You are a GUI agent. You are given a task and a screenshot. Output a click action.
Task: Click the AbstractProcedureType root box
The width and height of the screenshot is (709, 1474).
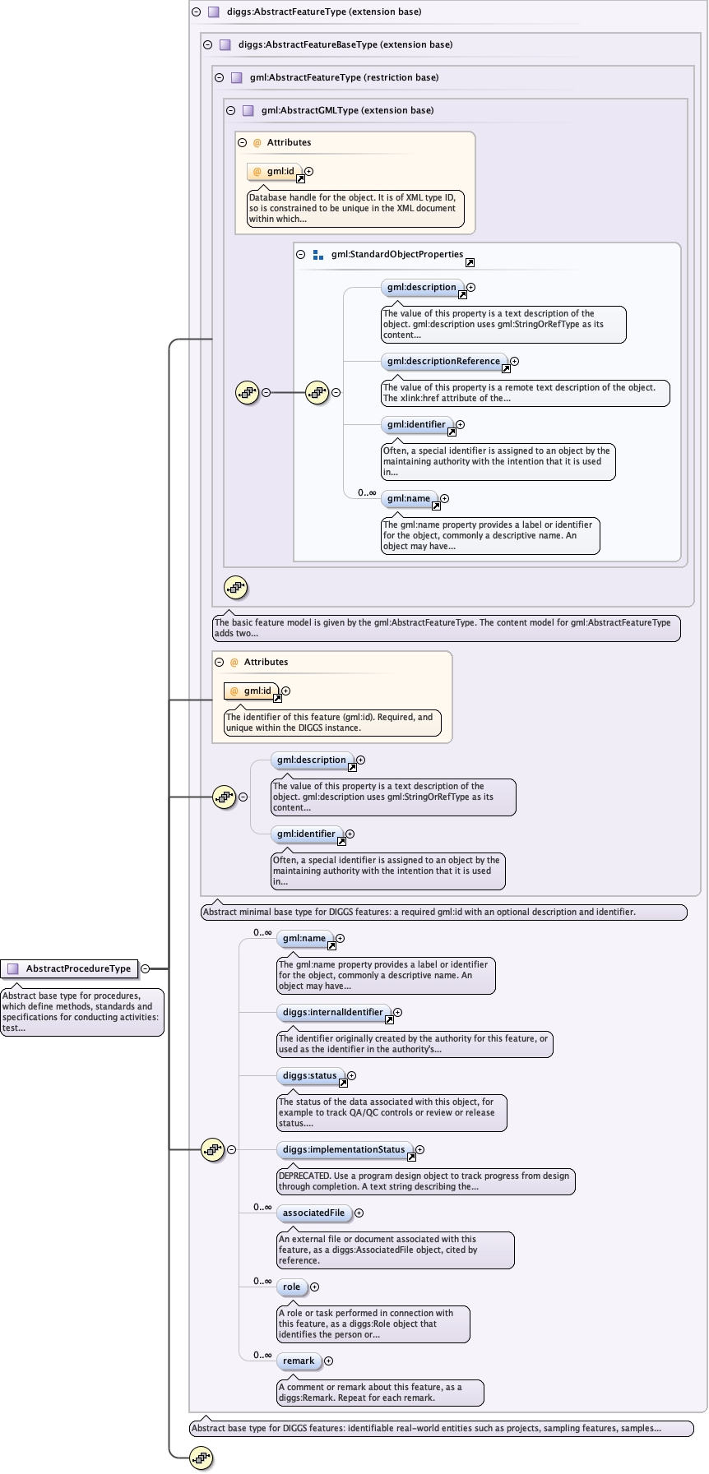pos(69,968)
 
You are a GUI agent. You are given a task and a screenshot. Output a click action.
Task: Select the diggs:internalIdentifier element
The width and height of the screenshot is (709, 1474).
pos(332,1012)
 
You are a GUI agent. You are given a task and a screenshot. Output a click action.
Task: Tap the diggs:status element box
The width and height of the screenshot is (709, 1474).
pos(309,1075)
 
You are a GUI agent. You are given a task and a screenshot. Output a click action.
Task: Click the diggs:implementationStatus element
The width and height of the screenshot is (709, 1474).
pos(344,1149)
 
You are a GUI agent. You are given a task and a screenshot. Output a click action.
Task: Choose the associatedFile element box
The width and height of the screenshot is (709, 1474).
pos(313,1213)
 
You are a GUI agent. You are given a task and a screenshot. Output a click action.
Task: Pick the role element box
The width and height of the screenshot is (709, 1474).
pos(291,1287)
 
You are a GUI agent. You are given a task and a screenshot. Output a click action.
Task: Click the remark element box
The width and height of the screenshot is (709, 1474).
pos(299,1361)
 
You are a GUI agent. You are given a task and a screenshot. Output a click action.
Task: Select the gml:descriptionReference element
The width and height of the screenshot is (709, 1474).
pos(443,361)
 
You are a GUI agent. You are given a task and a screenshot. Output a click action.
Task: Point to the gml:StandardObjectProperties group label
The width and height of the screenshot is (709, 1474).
pos(397,255)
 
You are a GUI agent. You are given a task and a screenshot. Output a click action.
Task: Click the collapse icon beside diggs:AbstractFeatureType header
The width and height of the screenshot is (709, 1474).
pos(196,12)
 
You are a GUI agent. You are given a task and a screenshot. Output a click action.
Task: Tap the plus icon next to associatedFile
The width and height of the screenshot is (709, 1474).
pos(359,1213)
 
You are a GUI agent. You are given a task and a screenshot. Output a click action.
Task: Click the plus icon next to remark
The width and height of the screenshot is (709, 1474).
pos(328,1361)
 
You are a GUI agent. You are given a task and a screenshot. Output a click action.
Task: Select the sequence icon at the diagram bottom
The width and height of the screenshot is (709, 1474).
pos(202,1458)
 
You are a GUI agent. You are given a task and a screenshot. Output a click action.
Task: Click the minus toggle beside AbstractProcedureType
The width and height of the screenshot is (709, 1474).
pos(146,968)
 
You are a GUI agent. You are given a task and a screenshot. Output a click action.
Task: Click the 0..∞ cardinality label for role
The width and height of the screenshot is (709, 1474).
pos(262,1281)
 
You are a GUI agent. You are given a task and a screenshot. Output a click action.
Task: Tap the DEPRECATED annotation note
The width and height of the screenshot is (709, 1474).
pos(426,1181)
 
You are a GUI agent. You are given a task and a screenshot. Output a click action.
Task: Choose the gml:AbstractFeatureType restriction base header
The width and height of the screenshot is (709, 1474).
pos(344,77)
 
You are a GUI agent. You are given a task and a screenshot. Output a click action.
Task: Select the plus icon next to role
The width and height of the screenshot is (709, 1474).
pos(314,1287)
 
